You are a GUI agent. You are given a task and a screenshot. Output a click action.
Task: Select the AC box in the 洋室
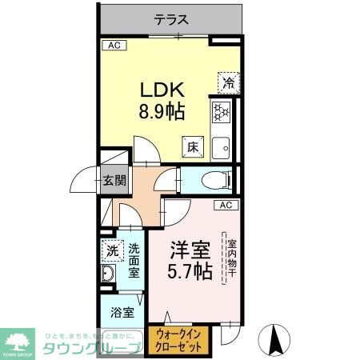225,206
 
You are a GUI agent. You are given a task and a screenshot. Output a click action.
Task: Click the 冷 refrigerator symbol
228,82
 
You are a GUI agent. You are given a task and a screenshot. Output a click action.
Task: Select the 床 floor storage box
194,147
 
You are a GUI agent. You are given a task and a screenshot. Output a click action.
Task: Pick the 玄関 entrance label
113,179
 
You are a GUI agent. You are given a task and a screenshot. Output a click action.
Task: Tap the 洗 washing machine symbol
113,250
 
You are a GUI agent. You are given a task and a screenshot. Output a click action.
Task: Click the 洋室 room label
190,248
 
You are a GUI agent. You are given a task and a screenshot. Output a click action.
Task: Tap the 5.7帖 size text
190,272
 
